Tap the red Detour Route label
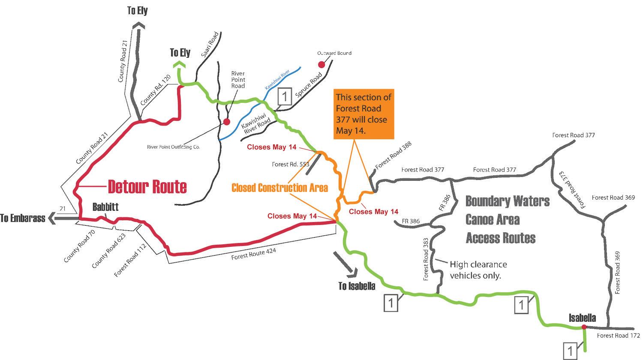coord(147,186)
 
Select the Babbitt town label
coord(105,207)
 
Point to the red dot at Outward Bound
coord(321,65)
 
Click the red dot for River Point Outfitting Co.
coord(227,122)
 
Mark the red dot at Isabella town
coord(584,327)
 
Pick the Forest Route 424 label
coord(254,254)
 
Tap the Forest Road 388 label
coord(393,156)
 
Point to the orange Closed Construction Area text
coord(279,188)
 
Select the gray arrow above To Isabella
coord(345,262)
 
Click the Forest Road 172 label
coord(618,336)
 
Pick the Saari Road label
coord(210,45)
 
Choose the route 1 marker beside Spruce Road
coord(285,96)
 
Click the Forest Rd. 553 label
coord(290,164)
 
